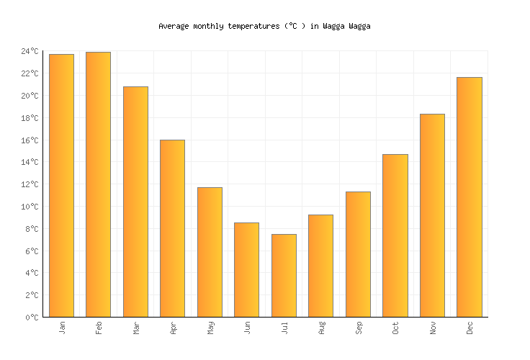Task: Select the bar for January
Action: click(61, 186)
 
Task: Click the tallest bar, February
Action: click(98, 184)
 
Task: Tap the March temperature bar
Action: click(135, 202)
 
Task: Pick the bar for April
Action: click(172, 228)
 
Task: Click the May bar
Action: click(210, 252)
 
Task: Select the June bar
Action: click(246, 270)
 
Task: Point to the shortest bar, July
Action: click(284, 276)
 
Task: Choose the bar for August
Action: click(320, 266)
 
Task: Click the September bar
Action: click(358, 254)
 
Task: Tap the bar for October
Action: click(395, 235)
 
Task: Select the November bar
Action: click(432, 215)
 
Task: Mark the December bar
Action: click(469, 197)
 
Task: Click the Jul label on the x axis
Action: click(284, 328)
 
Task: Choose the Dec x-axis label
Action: click(470, 328)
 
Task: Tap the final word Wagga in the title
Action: click(359, 26)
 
